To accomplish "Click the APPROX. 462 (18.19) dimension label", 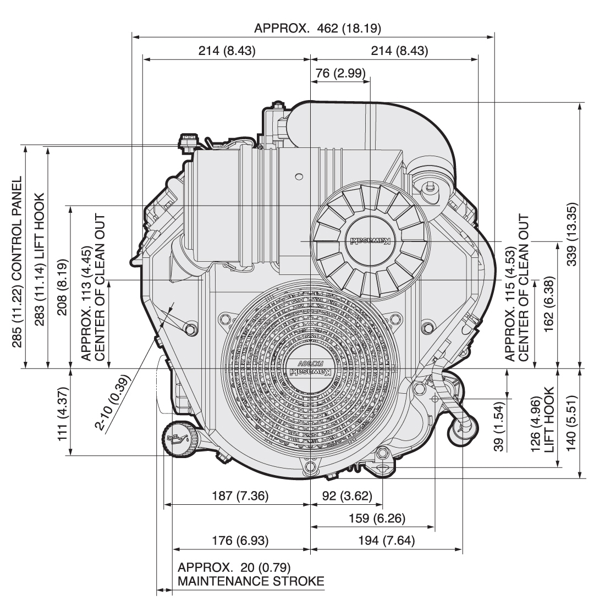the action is [x=317, y=28].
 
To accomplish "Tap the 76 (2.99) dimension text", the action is [x=340, y=73].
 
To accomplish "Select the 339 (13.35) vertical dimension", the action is [x=571, y=234].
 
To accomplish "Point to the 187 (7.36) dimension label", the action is [x=240, y=495].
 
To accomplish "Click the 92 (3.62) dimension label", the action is [x=347, y=495].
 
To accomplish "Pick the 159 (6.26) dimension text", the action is [x=377, y=518].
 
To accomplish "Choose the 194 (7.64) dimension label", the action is [x=387, y=541].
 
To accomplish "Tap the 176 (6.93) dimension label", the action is [x=240, y=541].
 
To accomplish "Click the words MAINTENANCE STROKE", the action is [x=251, y=581].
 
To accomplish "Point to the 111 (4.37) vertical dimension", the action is [x=63, y=414].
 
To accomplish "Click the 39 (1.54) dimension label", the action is [x=499, y=426].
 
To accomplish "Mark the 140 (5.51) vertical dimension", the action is [x=571, y=423].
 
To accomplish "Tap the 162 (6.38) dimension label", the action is [x=549, y=304].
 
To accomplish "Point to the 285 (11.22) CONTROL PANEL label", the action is [x=16, y=262].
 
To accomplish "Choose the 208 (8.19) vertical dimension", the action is [x=63, y=287].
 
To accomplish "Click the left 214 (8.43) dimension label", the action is [x=227, y=51].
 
